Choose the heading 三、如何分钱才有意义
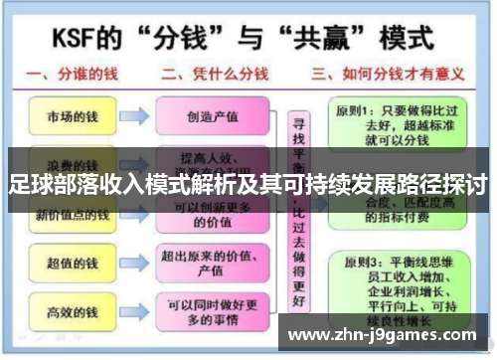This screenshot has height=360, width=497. click(389, 73)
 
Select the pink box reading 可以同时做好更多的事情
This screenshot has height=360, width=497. click(213, 313)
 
